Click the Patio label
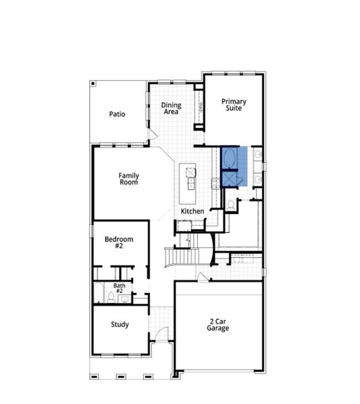tap(117, 114)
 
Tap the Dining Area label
tap(172, 108)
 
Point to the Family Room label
tap(129, 179)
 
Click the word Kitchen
tap(192, 211)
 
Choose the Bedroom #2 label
tap(118, 242)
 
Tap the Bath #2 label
tap(119, 288)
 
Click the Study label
tap(120, 325)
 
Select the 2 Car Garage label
tap(218, 325)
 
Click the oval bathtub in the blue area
tap(229, 158)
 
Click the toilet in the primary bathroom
tap(230, 203)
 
